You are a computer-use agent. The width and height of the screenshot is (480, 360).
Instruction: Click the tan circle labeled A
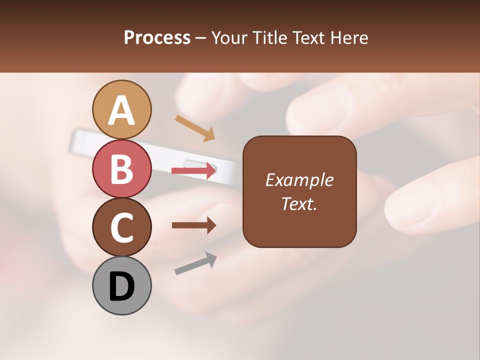(121, 109)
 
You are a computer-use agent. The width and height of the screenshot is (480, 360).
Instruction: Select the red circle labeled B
(121, 168)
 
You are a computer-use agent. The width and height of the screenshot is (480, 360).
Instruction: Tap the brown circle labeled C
(121, 227)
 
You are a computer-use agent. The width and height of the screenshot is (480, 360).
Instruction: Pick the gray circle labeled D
(121, 285)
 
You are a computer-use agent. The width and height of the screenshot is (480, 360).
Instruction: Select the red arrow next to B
(194, 171)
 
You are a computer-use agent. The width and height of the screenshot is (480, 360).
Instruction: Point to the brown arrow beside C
(194, 225)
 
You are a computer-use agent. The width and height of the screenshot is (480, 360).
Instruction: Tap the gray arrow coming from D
(195, 263)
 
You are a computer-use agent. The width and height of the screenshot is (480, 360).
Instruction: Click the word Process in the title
(157, 37)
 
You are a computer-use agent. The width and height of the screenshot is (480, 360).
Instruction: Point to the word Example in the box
(299, 180)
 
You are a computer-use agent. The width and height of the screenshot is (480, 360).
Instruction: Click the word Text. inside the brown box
(299, 203)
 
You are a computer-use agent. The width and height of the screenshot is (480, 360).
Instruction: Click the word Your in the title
(229, 37)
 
